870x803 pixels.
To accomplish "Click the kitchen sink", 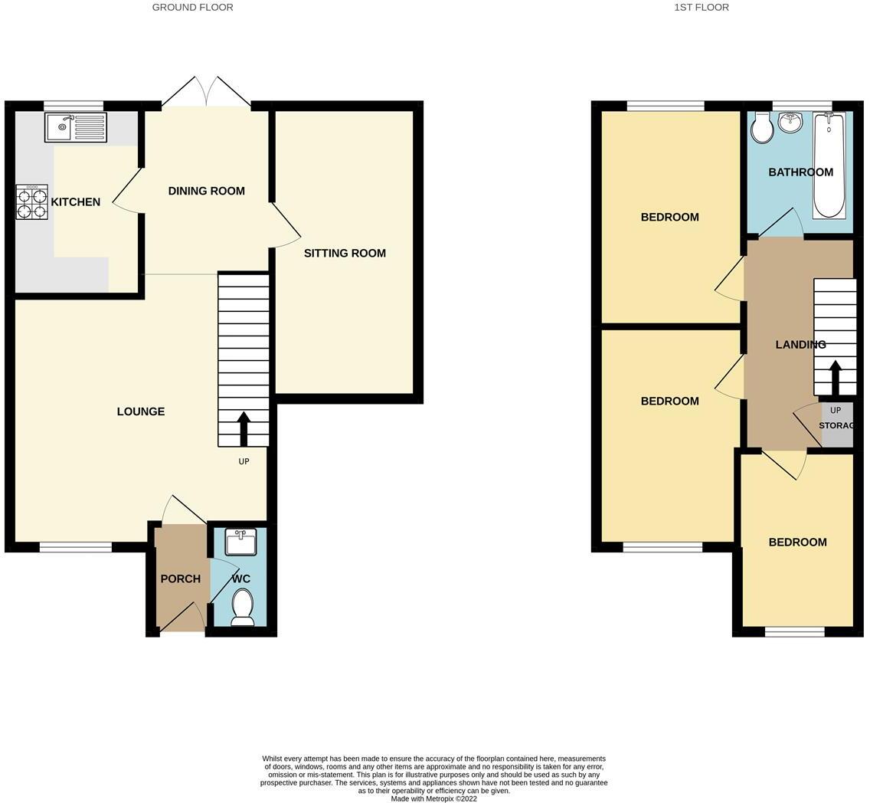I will click(x=76, y=127).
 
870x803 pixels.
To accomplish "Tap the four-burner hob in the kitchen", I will click(x=31, y=202).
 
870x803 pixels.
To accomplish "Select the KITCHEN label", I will click(x=75, y=202).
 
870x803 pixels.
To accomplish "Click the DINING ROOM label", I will click(x=206, y=191).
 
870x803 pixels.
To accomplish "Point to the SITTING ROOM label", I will click(x=345, y=253).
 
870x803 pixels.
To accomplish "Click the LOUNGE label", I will click(x=140, y=411).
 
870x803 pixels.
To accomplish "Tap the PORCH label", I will click(x=180, y=578).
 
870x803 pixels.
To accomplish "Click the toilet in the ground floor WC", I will click(x=242, y=606).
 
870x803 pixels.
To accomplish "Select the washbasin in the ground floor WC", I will click(x=240, y=542).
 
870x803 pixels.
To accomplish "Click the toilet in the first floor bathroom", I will click(x=762, y=128).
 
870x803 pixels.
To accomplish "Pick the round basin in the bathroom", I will click(x=790, y=122).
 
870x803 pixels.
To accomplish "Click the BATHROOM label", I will click(x=800, y=172).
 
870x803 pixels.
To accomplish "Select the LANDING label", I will click(x=800, y=345).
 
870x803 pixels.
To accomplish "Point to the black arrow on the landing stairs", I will click(x=835, y=377).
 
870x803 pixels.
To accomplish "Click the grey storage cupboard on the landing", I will click(x=837, y=425).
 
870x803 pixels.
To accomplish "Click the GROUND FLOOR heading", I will click(x=192, y=7).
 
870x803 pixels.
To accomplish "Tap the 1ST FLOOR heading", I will click(x=701, y=7).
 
